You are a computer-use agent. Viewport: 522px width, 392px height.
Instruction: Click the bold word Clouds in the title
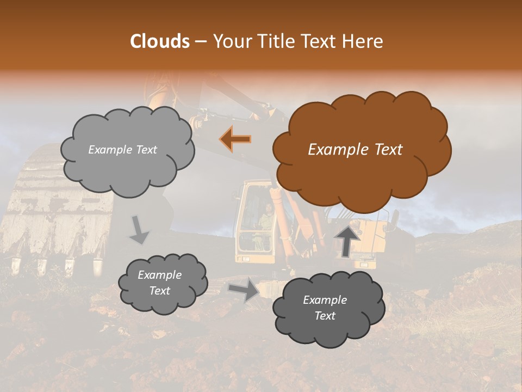159,41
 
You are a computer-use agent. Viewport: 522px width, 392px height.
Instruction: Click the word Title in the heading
277,41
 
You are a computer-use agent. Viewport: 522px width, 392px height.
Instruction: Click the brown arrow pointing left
235,139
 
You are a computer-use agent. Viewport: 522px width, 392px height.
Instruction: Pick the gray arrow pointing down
140,229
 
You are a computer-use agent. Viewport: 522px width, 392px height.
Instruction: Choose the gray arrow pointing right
243,291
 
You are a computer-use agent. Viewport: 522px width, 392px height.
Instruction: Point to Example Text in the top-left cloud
122,150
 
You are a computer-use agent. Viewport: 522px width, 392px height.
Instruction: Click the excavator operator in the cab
266,215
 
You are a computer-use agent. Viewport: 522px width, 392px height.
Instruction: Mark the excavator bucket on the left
54,212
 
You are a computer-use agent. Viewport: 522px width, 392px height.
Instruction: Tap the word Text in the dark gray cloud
325,316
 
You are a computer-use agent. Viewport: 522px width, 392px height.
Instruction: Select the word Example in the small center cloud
159,275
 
